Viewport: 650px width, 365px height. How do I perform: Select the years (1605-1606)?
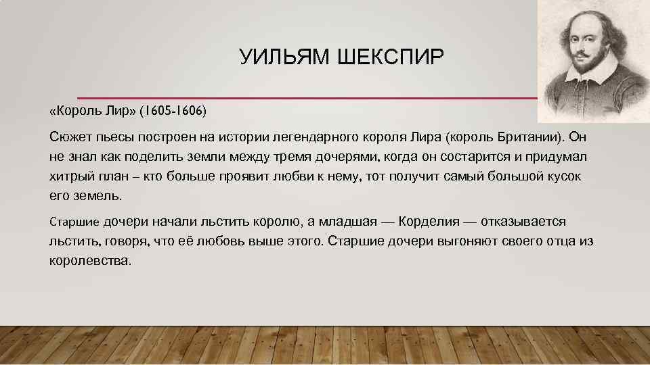click(175, 109)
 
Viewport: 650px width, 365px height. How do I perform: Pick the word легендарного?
click(317, 137)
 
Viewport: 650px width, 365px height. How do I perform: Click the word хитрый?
click(70, 176)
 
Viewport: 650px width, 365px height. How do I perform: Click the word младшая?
click(343, 222)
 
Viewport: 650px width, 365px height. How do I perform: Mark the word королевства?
click(89, 261)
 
